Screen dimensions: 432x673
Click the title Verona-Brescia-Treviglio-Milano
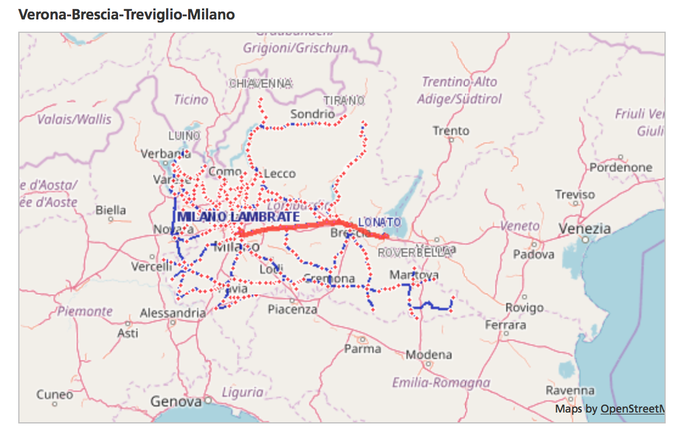pos(127,14)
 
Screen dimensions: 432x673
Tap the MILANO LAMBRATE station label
pos(239,217)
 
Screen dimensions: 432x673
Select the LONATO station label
pos(380,222)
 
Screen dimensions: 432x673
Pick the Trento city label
pos(451,131)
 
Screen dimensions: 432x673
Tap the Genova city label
pos(176,402)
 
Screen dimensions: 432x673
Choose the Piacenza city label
pos(293,309)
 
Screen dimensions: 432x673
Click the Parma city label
pos(363,349)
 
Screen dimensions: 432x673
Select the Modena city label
pos(429,355)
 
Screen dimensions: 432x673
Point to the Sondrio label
pos(313,114)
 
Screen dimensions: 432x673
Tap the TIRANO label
pos(344,100)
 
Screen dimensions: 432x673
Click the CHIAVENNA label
pos(261,83)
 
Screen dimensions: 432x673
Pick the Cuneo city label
pos(55,394)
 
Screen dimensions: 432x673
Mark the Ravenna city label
pos(570,390)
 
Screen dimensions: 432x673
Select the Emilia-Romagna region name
pos(441,383)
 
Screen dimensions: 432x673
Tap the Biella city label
pos(111,211)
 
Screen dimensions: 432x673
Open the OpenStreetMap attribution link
pos(633,409)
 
